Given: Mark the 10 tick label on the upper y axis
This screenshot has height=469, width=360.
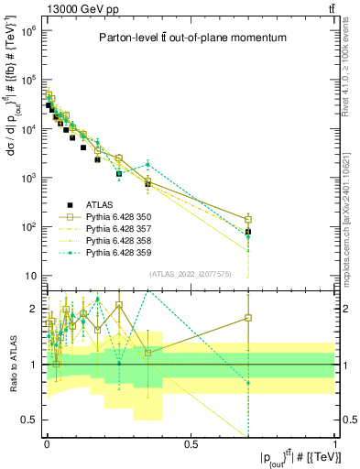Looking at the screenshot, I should tap(31, 276).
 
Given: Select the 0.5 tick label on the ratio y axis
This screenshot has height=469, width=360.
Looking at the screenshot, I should tap(29, 420).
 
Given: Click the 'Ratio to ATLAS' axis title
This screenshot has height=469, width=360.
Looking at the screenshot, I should tap(11, 365).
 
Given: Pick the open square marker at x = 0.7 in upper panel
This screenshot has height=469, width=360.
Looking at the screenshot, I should tap(248, 219).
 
